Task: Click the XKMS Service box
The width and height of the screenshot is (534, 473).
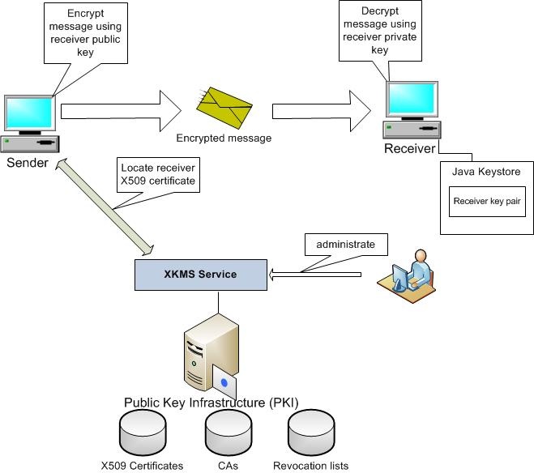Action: coord(200,274)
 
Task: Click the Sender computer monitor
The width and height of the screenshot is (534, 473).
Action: coord(30,113)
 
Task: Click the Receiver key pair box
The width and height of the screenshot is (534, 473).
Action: coord(488,202)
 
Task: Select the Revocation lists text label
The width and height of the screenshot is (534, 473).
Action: coord(310,466)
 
